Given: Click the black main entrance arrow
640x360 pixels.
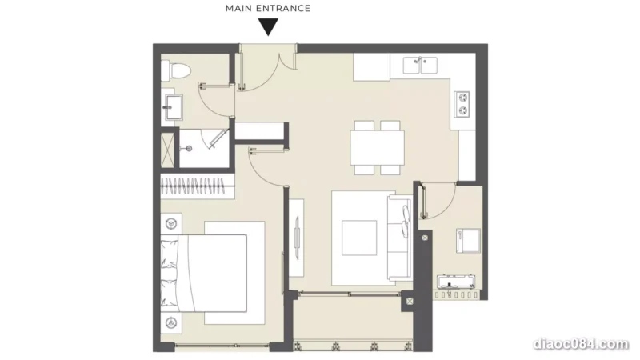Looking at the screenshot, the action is click(268, 27).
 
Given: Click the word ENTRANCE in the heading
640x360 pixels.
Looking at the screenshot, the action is click(285, 8).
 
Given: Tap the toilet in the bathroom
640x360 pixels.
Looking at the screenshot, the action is click(175, 70).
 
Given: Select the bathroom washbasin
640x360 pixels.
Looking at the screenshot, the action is click(173, 107).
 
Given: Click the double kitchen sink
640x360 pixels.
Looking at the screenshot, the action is click(420, 66).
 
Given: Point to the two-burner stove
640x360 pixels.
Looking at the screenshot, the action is click(462, 104).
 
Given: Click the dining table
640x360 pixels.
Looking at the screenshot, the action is click(378, 147).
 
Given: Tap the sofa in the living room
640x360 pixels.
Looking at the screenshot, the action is click(400, 238).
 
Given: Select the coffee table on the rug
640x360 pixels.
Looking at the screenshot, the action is click(359, 238).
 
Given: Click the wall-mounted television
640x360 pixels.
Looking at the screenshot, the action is click(297, 238).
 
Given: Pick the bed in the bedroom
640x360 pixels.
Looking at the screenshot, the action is click(204, 273).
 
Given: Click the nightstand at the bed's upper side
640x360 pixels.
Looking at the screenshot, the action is click(171, 223).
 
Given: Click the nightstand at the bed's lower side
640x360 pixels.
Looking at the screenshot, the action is click(171, 323).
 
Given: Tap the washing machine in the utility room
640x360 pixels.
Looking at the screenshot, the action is click(469, 241).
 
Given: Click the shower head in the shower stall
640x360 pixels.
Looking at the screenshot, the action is click(188, 149).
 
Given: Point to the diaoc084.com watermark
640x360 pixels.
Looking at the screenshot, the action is click(581, 344).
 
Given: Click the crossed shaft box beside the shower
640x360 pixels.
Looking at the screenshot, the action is click(167, 150).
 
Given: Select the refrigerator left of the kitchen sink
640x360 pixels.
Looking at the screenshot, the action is click(371, 67).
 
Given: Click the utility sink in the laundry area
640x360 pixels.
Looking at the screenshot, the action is click(455, 282).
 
